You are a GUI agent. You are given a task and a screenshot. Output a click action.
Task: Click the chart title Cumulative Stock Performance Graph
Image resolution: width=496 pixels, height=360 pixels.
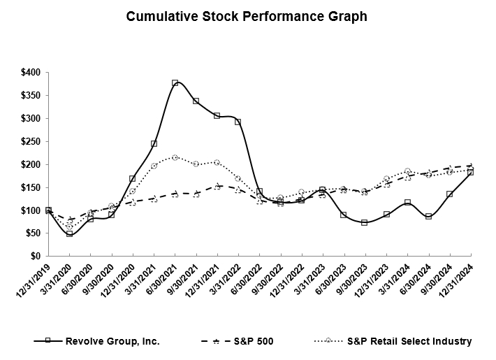tap(247, 17)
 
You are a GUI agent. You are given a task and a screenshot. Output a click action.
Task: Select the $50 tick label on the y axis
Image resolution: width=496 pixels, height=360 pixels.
tap(31, 233)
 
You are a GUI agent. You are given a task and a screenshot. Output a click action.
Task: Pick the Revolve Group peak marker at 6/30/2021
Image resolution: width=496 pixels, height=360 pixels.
tap(175, 83)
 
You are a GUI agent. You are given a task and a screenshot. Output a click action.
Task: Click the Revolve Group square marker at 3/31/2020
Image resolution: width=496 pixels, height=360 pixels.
tap(69, 233)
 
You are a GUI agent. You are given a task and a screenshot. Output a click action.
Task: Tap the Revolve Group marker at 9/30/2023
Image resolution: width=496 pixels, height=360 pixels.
tap(364, 222)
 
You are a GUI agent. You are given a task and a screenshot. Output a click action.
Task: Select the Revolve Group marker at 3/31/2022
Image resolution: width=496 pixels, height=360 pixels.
tap(238, 122)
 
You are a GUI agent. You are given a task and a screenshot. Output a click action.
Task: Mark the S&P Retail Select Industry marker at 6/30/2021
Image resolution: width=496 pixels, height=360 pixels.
tap(175, 157)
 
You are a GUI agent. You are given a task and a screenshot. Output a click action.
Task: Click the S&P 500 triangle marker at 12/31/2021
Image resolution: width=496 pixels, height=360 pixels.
tap(217, 186)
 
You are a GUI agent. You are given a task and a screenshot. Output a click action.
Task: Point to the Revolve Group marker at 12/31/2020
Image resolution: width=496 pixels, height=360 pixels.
tap(132, 179)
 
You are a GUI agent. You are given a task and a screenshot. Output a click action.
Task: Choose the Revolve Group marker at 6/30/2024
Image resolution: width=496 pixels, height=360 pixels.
tap(428, 216)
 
